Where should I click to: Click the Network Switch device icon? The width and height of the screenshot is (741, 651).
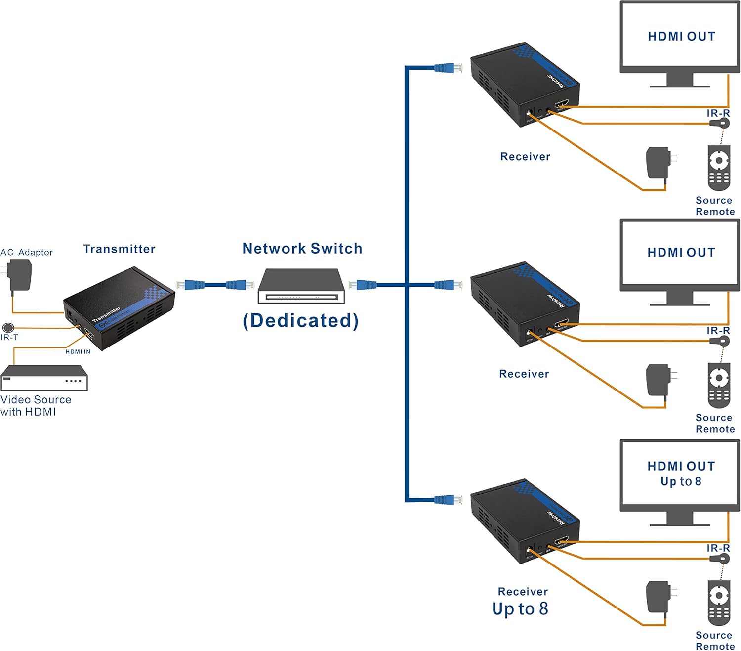(301, 286)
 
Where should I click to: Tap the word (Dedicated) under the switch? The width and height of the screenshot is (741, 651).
(301, 320)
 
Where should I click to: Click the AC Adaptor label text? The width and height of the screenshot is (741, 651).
(27, 252)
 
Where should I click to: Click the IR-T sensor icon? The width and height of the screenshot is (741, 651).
(8, 327)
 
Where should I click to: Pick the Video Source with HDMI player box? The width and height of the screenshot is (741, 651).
(44, 378)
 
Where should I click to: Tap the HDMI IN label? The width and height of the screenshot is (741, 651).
(78, 352)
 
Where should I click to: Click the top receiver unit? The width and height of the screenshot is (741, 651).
(524, 84)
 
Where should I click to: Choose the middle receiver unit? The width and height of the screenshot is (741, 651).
(524, 304)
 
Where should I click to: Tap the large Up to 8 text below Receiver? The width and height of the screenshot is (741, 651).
(520, 608)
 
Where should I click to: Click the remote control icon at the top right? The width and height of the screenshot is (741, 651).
(719, 168)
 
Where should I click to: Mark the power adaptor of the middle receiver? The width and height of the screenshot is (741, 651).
(659, 380)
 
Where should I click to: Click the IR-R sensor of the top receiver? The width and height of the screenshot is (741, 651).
(722, 123)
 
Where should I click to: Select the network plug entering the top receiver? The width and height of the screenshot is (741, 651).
(448, 68)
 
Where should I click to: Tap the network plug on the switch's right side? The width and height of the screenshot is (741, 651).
(363, 285)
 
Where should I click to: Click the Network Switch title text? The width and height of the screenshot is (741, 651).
(302, 249)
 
